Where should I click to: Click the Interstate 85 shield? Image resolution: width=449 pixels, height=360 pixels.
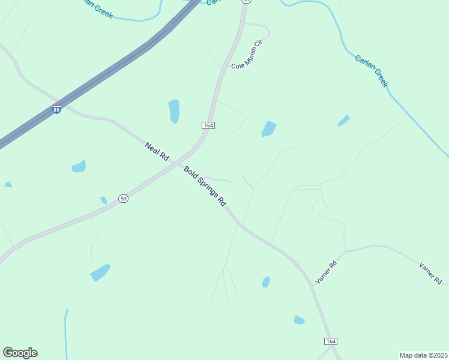tap(56, 110)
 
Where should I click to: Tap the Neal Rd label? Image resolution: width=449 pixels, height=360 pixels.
tap(157, 151)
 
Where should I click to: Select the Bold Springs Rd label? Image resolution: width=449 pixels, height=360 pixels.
tap(205, 186)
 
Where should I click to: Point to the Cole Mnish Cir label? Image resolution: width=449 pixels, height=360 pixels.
tap(247, 54)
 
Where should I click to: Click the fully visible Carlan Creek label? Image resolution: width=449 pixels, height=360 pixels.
tap(372, 71)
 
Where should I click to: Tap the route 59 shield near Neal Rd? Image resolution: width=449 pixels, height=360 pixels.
tap(123, 199)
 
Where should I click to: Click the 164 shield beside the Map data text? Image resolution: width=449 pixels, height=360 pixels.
tap(331, 341)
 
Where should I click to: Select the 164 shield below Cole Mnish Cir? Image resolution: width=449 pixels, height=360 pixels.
tap(208, 125)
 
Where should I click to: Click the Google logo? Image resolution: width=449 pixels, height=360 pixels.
tap(20, 353)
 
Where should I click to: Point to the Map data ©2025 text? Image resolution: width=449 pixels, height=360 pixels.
tap(423, 355)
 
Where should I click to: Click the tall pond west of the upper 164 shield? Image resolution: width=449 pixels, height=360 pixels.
tap(174, 111)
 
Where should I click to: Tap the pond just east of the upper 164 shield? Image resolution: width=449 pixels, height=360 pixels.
tap(269, 129)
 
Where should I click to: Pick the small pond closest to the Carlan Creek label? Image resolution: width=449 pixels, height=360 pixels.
tap(343, 121)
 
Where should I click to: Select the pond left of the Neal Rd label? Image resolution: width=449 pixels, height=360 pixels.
tap(79, 166)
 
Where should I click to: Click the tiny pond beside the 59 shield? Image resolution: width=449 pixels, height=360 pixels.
tap(104, 200)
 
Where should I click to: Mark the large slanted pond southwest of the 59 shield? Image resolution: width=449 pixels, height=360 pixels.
tap(100, 272)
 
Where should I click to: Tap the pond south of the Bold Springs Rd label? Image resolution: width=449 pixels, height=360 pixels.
tap(266, 282)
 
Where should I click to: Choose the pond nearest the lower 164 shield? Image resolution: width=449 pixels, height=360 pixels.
tap(299, 320)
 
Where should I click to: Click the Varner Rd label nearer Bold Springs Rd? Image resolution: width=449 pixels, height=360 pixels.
tap(326, 272)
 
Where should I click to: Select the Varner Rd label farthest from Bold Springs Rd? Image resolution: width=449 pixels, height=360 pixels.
tap(430, 273)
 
